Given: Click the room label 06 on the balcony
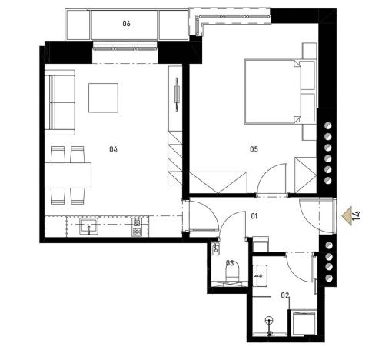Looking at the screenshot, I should pos(126,24).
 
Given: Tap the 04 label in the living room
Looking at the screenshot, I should pos(113,148).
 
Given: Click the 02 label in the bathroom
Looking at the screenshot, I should pos(263,295).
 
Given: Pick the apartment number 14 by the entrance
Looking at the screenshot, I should pos(357,214).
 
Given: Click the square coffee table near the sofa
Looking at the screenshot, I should pos(103,97).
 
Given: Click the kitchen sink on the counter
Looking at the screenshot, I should pos(87,227).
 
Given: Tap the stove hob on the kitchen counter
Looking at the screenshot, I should pos(137,227).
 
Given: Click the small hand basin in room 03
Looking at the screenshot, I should pos(216,248).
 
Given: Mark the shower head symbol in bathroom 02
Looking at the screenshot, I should pos(268,322).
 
